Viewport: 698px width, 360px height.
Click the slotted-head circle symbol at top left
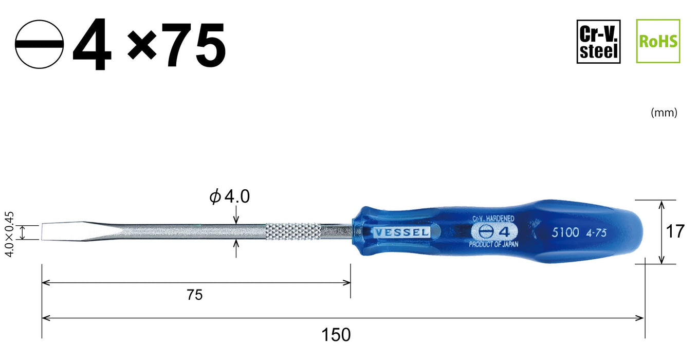tap(39, 45)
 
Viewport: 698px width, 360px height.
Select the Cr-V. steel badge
tap(598, 42)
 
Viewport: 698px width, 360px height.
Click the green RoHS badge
tap(658, 42)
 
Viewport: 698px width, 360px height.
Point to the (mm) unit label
tap(664, 113)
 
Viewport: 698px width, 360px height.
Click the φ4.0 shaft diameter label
tap(229, 196)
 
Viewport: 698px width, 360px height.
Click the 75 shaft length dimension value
tap(195, 295)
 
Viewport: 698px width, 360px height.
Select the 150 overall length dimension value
tap(336, 335)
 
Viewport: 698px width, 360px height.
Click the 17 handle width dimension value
tap(675, 231)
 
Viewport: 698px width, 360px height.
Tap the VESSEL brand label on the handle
tap(401, 232)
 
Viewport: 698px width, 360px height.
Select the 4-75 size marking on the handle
tap(596, 232)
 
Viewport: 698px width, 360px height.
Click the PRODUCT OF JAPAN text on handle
tap(493, 245)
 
